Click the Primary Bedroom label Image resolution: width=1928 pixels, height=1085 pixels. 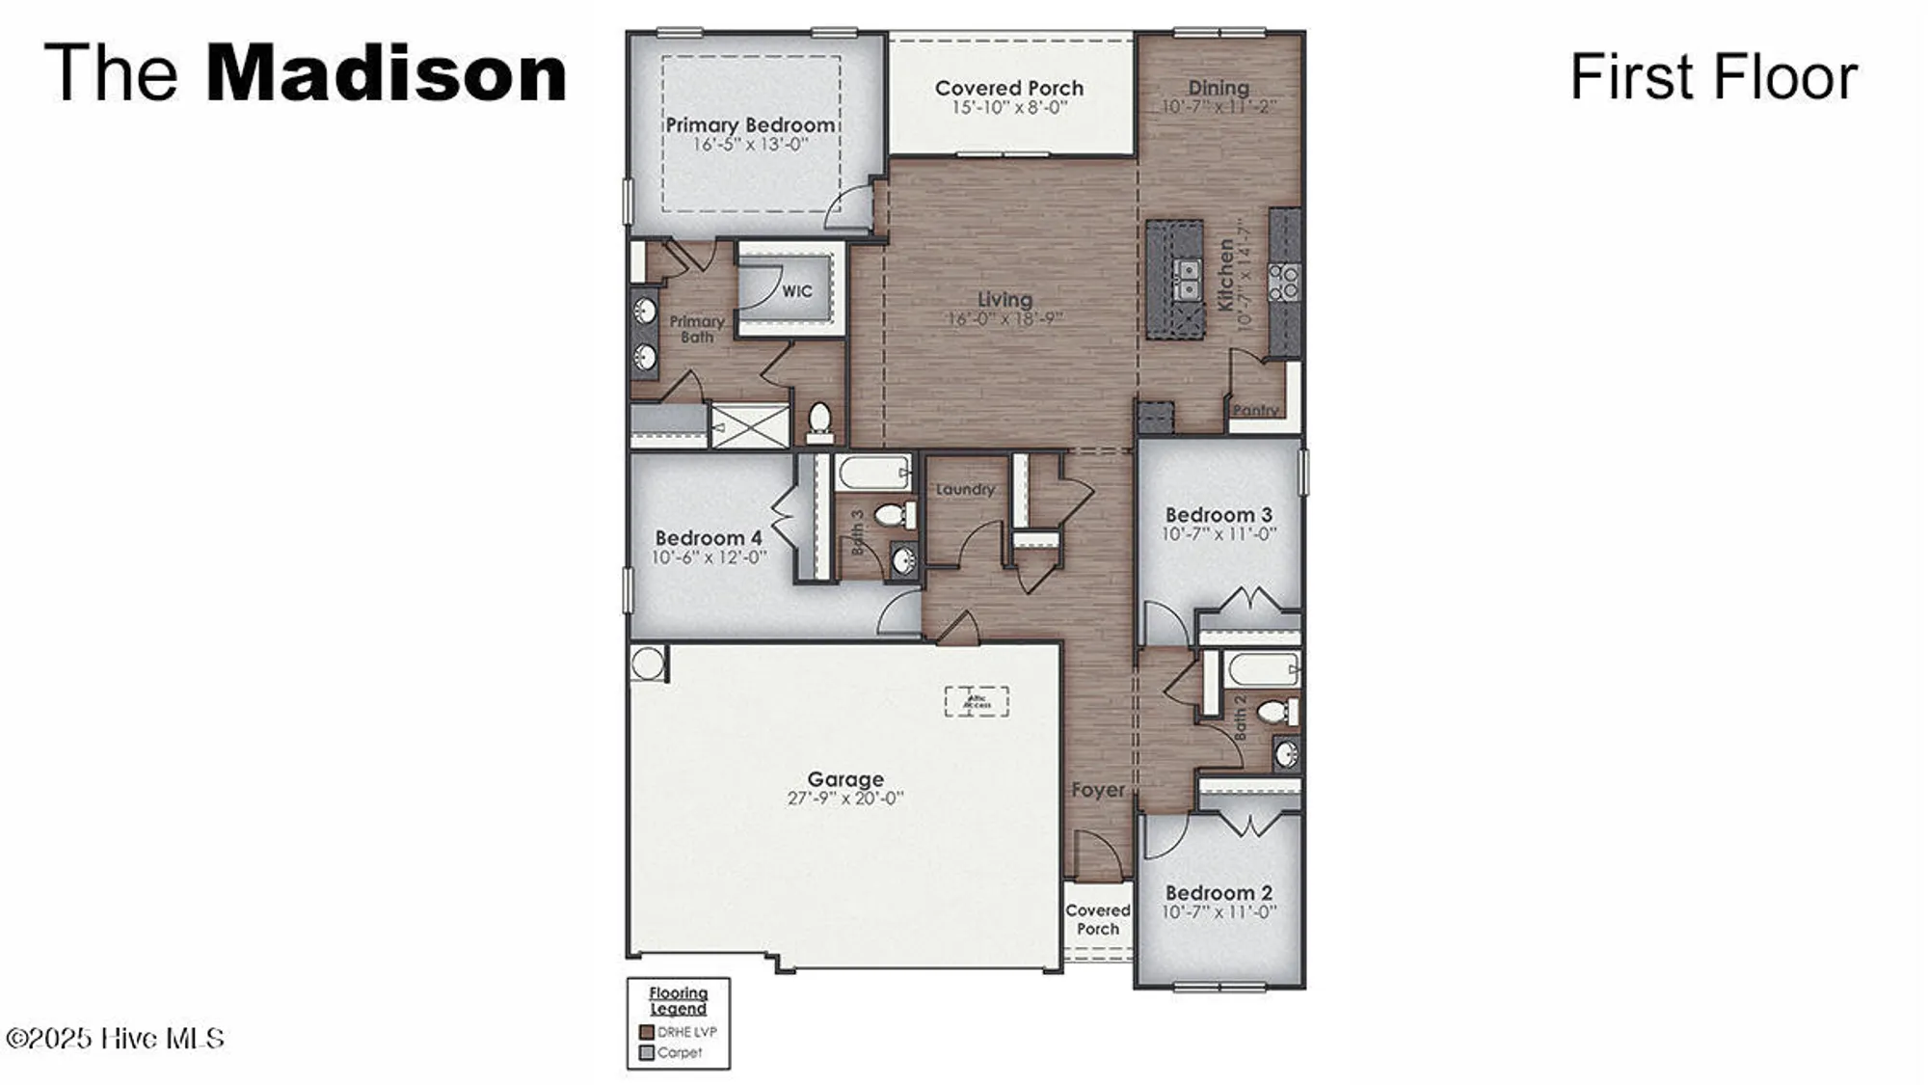tap(750, 125)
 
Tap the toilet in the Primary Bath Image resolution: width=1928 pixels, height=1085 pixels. tap(819, 421)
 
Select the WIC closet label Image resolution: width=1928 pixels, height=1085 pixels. tap(796, 290)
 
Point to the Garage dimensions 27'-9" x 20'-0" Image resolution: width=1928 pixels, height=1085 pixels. tap(845, 799)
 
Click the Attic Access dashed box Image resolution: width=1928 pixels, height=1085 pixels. tap(977, 701)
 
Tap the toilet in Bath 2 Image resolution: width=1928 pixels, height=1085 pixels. tap(1275, 712)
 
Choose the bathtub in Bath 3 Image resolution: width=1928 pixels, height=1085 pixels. tap(872, 473)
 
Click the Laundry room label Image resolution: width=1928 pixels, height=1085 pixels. tap(964, 489)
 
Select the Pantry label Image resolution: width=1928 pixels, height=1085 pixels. tap(1255, 410)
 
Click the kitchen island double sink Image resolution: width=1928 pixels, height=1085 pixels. tap(1189, 279)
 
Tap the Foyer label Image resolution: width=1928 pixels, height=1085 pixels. tap(1098, 790)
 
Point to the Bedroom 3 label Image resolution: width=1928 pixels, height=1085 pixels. tap(1218, 515)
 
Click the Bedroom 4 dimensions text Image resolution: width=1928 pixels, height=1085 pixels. tap(709, 557)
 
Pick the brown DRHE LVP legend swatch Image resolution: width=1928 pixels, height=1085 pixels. tap(647, 1032)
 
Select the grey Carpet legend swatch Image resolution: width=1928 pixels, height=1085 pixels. tap(647, 1052)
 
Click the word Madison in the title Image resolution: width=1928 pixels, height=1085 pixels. tap(386, 73)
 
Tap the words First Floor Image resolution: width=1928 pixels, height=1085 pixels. tap(1713, 77)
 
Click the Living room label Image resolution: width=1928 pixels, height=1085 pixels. tap(1004, 300)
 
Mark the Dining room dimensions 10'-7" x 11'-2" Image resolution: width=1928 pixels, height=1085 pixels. tap(1218, 106)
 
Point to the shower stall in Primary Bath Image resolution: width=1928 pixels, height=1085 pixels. tap(750, 425)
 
